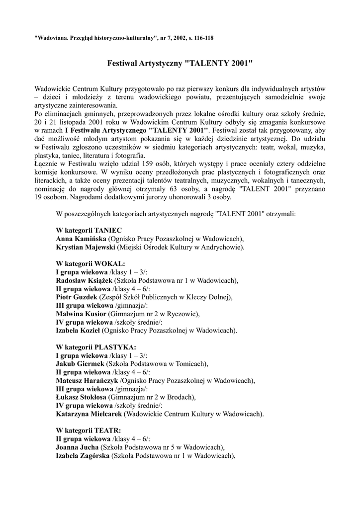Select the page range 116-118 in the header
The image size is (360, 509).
pyautogui.click(x=204, y=37)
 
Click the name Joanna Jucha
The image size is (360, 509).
pyautogui.click(x=79, y=447)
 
